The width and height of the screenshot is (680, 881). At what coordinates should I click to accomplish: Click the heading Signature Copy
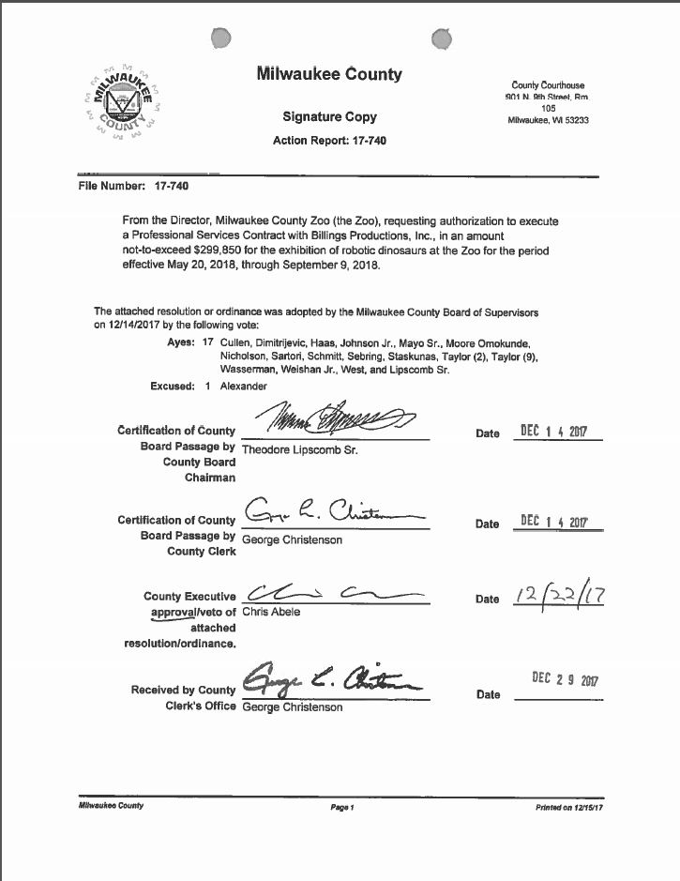[x=329, y=116]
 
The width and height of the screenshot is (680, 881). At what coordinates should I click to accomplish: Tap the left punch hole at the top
[x=220, y=38]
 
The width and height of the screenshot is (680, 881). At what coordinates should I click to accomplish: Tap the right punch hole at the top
[x=441, y=38]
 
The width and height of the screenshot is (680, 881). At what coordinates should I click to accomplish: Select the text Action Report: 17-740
[x=329, y=141]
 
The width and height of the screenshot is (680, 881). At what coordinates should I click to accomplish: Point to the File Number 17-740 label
[x=133, y=186]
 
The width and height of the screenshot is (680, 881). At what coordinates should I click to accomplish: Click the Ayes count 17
[x=208, y=343]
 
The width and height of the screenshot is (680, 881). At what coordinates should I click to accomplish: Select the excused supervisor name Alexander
[x=244, y=386]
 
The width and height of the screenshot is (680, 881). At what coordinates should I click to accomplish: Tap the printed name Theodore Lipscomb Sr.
[x=300, y=449]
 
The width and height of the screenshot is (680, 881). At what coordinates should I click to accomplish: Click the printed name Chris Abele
[x=271, y=612]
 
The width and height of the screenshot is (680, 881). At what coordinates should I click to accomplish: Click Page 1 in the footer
[x=340, y=807]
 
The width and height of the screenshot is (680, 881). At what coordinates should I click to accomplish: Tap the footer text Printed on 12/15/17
[x=569, y=807]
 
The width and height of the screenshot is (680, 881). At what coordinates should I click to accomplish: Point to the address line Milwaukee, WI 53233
[x=548, y=120]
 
